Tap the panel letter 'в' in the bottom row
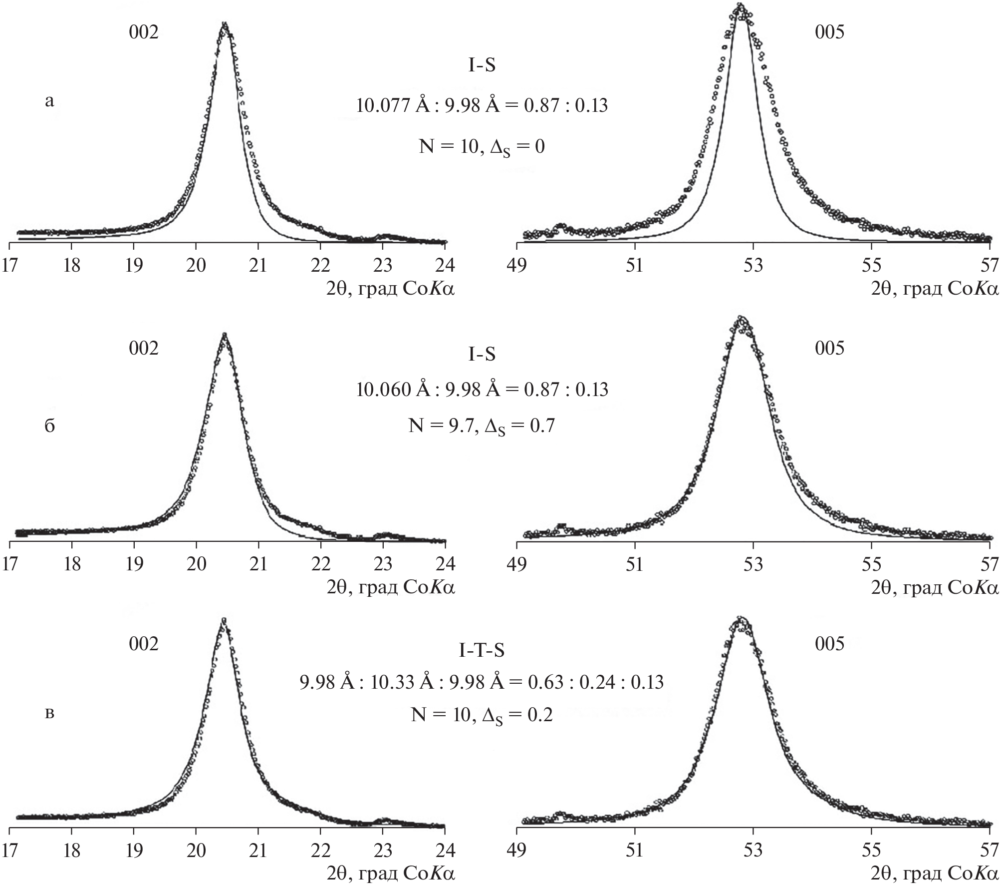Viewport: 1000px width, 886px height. click(49, 712)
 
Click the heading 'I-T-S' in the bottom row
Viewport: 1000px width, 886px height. click(482, 650)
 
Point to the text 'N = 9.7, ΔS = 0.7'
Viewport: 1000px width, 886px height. click(482, 426)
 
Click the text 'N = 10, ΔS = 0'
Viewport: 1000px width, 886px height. click(482, 147)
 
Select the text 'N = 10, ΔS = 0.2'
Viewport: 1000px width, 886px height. click(482, 716)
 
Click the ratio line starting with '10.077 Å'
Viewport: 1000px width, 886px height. click(482, 106)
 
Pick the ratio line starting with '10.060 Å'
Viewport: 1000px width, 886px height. click(482, 390)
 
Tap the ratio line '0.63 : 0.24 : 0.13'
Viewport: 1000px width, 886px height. click(482, 682)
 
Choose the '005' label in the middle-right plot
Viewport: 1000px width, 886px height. click(829, 348)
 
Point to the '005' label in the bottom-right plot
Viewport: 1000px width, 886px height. click(829, 644)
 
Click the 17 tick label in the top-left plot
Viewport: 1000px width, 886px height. click(9, 265)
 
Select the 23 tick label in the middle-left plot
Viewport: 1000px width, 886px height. click(383, 564)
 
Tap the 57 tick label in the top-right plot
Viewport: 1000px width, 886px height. click(990, 265)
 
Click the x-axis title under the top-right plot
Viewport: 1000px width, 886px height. click(935, 289)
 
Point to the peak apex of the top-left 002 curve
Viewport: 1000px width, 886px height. click(225, 24)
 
